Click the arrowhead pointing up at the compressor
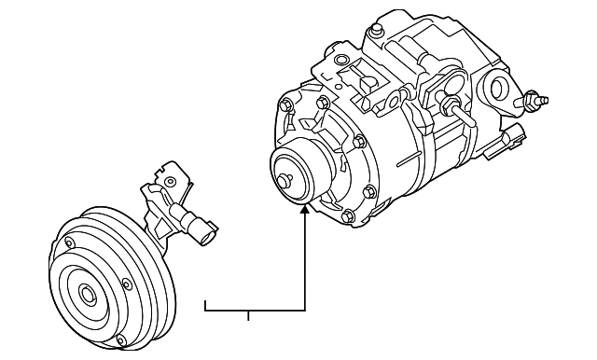click(305, 210)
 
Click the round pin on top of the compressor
click(375, 31)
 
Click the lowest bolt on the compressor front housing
click(347, 218)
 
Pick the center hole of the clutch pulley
click(88, 295)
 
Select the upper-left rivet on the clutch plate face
click(68, 244)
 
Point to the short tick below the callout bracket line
click(248, 315)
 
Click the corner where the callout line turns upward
click(305, 309)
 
